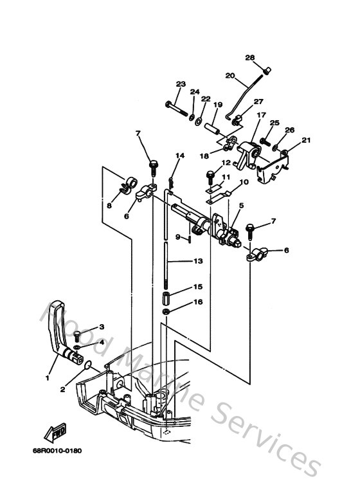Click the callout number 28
250,57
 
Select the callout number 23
181,84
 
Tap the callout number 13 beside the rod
198,261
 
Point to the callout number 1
47,377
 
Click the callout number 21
305,140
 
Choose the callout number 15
198,287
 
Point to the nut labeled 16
165,312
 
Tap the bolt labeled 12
211,174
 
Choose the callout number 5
241,206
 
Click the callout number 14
180,156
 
